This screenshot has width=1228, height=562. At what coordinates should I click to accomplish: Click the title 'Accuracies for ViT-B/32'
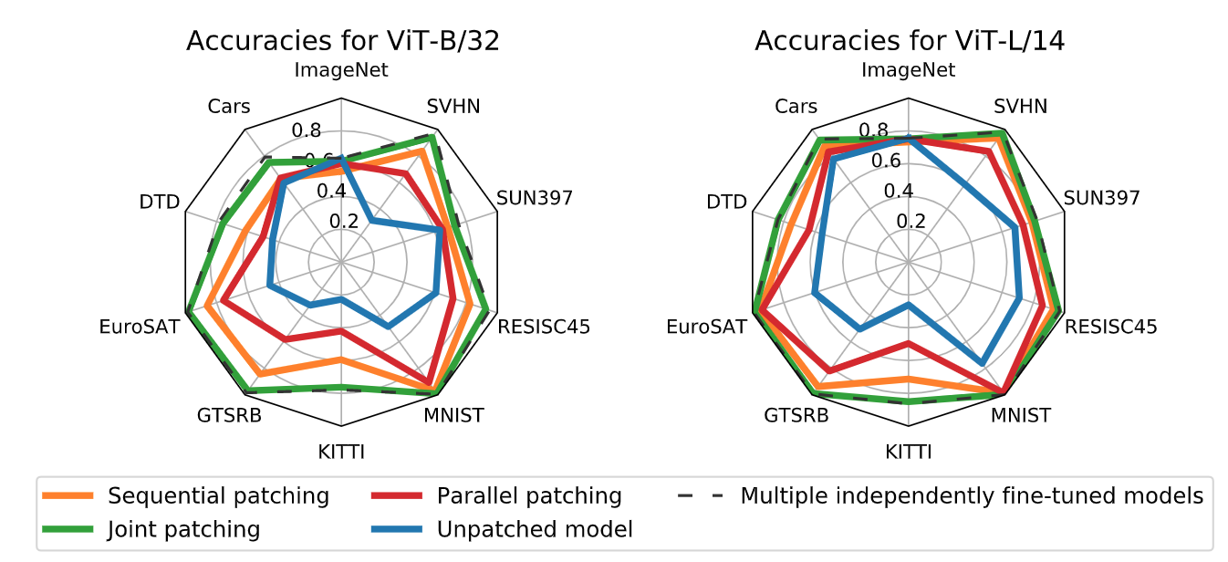tap(342, 41)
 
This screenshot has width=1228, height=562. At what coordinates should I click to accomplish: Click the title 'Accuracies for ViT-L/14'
tap(910, 41)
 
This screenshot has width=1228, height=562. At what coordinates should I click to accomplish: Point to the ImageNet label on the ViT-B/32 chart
tap(341, 70)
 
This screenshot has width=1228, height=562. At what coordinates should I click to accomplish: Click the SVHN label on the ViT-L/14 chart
tap(1021, 107)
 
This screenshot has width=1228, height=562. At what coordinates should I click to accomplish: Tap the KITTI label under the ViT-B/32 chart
tap(341, 452)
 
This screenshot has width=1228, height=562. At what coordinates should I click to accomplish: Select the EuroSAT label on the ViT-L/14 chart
tap(706, 327)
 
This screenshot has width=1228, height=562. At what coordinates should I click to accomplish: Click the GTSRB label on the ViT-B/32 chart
tap(229, 416)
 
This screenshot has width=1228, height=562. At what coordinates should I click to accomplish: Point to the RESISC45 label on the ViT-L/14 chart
tap(1111, 327)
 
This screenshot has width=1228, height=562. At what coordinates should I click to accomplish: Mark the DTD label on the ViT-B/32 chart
tap(160, 202)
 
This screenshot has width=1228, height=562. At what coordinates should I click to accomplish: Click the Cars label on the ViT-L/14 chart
tap(796, 107)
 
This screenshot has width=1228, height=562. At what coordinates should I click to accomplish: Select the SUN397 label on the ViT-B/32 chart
tap(535, 198)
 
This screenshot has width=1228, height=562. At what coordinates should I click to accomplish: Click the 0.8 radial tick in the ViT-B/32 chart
tap(307, 130)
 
